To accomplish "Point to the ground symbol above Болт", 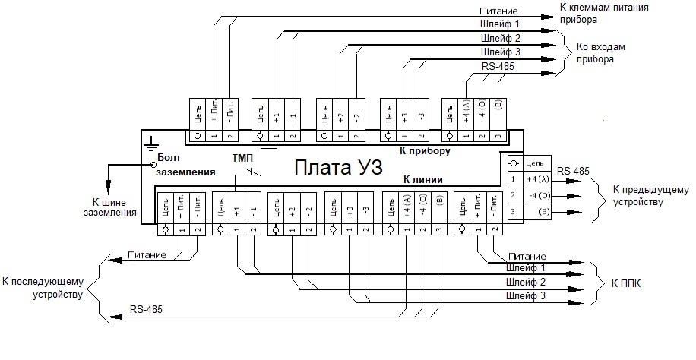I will coord(151,142).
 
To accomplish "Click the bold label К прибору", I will coord(425,150).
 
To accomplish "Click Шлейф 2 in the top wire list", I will coord(501,38).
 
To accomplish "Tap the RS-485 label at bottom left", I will coord(145,309).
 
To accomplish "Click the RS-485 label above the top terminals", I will coord(498,67).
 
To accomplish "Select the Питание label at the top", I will coord(498,11).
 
